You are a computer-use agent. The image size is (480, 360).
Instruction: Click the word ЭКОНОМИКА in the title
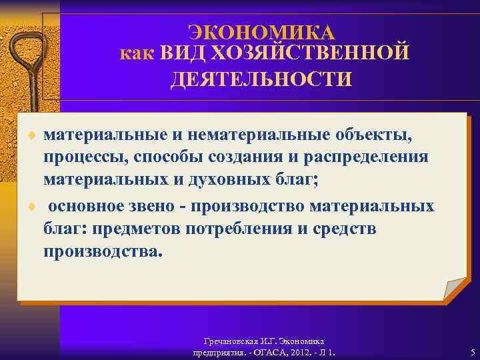coord(261,32)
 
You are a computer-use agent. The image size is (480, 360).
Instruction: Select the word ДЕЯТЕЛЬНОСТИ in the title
coord(261,79)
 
